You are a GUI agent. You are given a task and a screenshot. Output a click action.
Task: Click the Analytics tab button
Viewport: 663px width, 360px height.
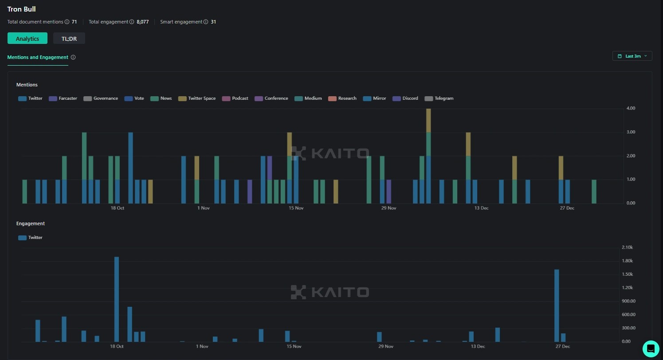pyautogui.click(x=27, y=39)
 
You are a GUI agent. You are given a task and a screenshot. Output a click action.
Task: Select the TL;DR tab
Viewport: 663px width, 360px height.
pyautogui.click(x=69, y=39)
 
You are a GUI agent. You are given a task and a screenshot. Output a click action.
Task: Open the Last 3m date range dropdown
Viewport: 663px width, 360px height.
pyautogui.click(x=632, y=56)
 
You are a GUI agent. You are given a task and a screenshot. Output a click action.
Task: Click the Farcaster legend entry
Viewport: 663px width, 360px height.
pyautogui.click(x=63, y=98)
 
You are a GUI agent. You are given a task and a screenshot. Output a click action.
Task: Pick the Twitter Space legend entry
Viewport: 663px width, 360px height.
pyautogui.click(x=197, y=98)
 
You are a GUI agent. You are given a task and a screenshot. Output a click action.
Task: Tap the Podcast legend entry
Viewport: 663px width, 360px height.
pyautogui.click(x=235, y=98)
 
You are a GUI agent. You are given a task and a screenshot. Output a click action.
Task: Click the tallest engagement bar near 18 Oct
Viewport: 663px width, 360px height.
pyautogui.click(x=117, y=299)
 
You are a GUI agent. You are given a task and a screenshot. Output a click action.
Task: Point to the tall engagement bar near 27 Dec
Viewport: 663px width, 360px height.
pyautogui.click(x=557, y=305)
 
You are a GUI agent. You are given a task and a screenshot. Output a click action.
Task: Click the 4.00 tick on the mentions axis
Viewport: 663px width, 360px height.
pyautogui.click(x=630, y=108)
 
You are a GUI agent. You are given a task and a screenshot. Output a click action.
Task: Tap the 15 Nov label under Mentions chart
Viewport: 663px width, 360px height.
pyautogui.click(x=296, y=208)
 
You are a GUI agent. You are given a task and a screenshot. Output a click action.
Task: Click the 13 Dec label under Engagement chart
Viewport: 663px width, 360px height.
pyautogui.click(x=478, y=346)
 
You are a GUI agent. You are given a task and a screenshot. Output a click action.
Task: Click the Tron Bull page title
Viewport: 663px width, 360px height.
pyautogui.click(x=21, y=9)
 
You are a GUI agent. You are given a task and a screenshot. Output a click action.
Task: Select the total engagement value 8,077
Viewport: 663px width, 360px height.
pyautogui.click(x=143, y=22)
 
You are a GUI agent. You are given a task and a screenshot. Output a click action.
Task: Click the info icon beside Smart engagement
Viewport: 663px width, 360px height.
pyautogui.click(x=206, y=22)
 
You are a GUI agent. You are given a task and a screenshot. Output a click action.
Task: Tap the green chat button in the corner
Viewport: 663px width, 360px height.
pyautogui.click(x=651, y=348)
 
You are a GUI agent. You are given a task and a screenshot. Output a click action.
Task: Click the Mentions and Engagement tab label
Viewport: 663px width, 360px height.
pyautogui.click(x=38, y=57)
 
